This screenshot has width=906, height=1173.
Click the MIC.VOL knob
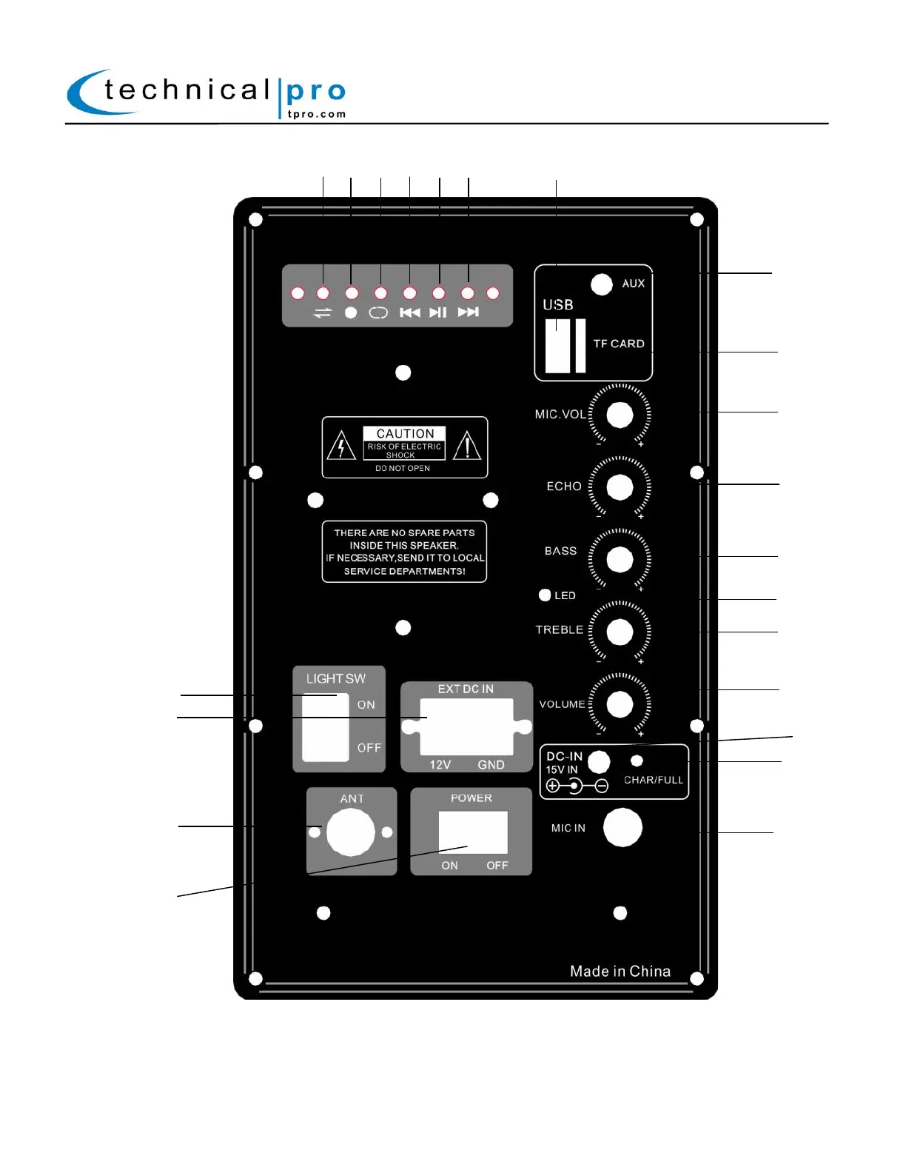pos(620,415)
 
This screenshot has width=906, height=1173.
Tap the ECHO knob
pos(620,487)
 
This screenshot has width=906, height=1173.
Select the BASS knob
pos(620,559)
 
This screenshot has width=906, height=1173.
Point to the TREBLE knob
pos(620,632)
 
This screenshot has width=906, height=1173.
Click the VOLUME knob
pos(620,704)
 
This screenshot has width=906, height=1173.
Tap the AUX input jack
pos(602,284)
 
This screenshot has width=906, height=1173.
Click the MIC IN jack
pos(622,827)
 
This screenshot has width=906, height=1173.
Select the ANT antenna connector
pos(351,832)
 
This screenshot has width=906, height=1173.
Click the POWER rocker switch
pos(472,832)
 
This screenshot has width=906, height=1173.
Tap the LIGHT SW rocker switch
pos(326,727)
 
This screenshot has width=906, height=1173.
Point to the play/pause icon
pos(438,313)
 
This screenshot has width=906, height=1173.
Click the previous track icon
pos(409,313)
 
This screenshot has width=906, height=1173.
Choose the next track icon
pos(468,313)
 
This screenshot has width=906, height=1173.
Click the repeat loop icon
pos(378,313)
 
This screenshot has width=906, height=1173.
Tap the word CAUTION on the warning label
pos(405,433)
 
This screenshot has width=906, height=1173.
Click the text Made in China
pos(620,971)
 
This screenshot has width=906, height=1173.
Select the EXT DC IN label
pos(466,689)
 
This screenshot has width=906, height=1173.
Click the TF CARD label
pos(619,344)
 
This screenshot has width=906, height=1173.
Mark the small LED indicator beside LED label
pos(545,595)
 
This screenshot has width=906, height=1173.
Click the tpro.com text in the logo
pos(317,114)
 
